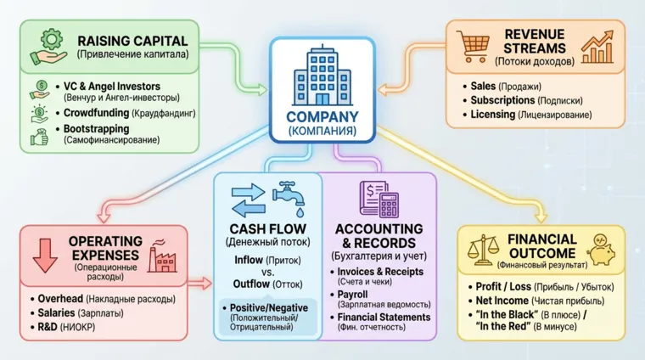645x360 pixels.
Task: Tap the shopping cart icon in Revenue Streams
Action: (472, 46)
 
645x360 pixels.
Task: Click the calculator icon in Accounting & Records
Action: (390, 203)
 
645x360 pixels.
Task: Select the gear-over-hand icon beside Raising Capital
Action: (47, 47)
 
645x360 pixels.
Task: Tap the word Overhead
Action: (63, 299)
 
